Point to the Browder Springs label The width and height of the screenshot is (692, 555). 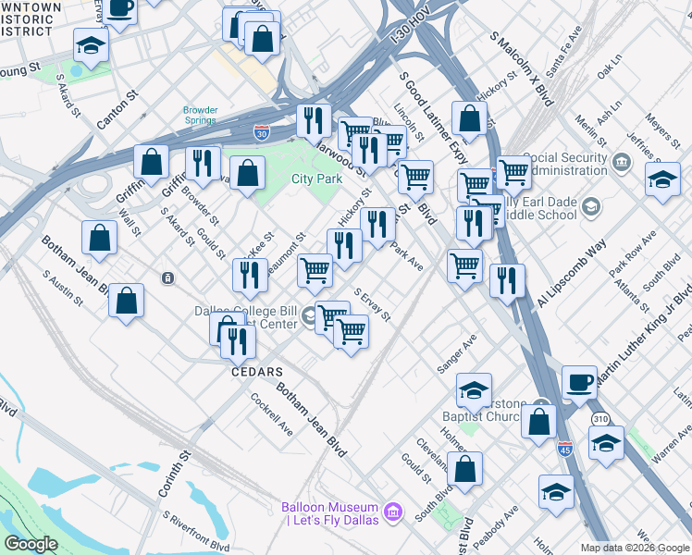[x=200, y=116]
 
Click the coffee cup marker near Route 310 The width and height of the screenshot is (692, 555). [x=580, y=381]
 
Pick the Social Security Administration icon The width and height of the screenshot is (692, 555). [x=623, y=164]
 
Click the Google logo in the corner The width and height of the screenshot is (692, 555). [x=31, y=544]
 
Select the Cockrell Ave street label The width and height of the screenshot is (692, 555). [x=272, y=415]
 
